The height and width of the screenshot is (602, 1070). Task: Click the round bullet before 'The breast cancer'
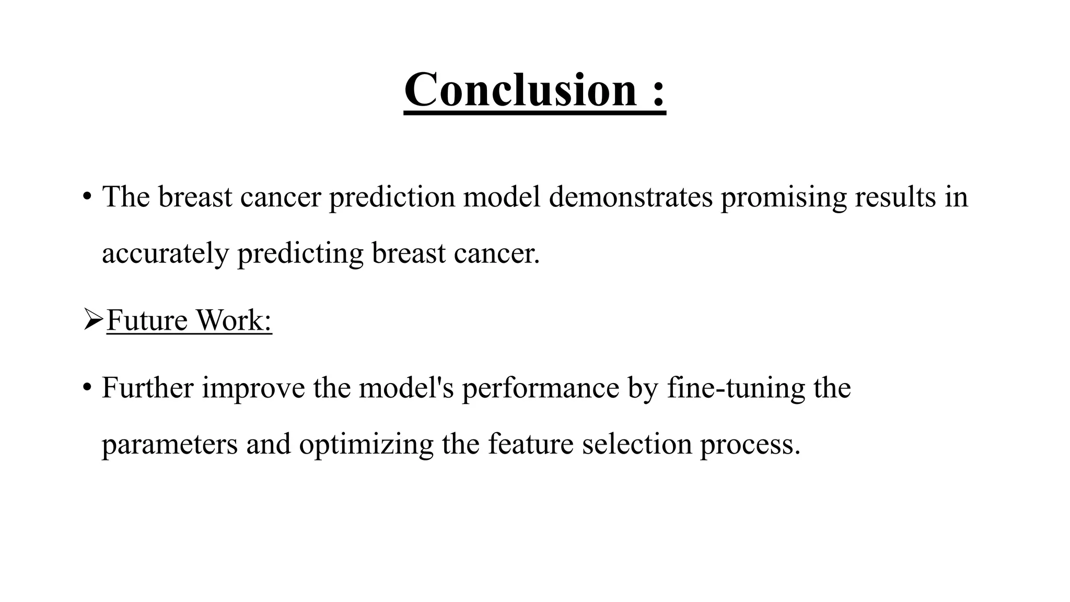87,197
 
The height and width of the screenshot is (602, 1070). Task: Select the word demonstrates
631,197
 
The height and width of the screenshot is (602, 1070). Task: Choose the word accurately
165,254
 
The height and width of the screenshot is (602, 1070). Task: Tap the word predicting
300,254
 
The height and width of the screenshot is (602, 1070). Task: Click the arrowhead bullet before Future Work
92,320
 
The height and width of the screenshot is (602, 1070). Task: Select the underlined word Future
147,320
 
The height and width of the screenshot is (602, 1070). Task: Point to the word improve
253,389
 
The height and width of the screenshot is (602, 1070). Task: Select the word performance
540,389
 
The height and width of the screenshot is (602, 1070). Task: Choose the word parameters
170,446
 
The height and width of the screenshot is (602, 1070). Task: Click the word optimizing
366,446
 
